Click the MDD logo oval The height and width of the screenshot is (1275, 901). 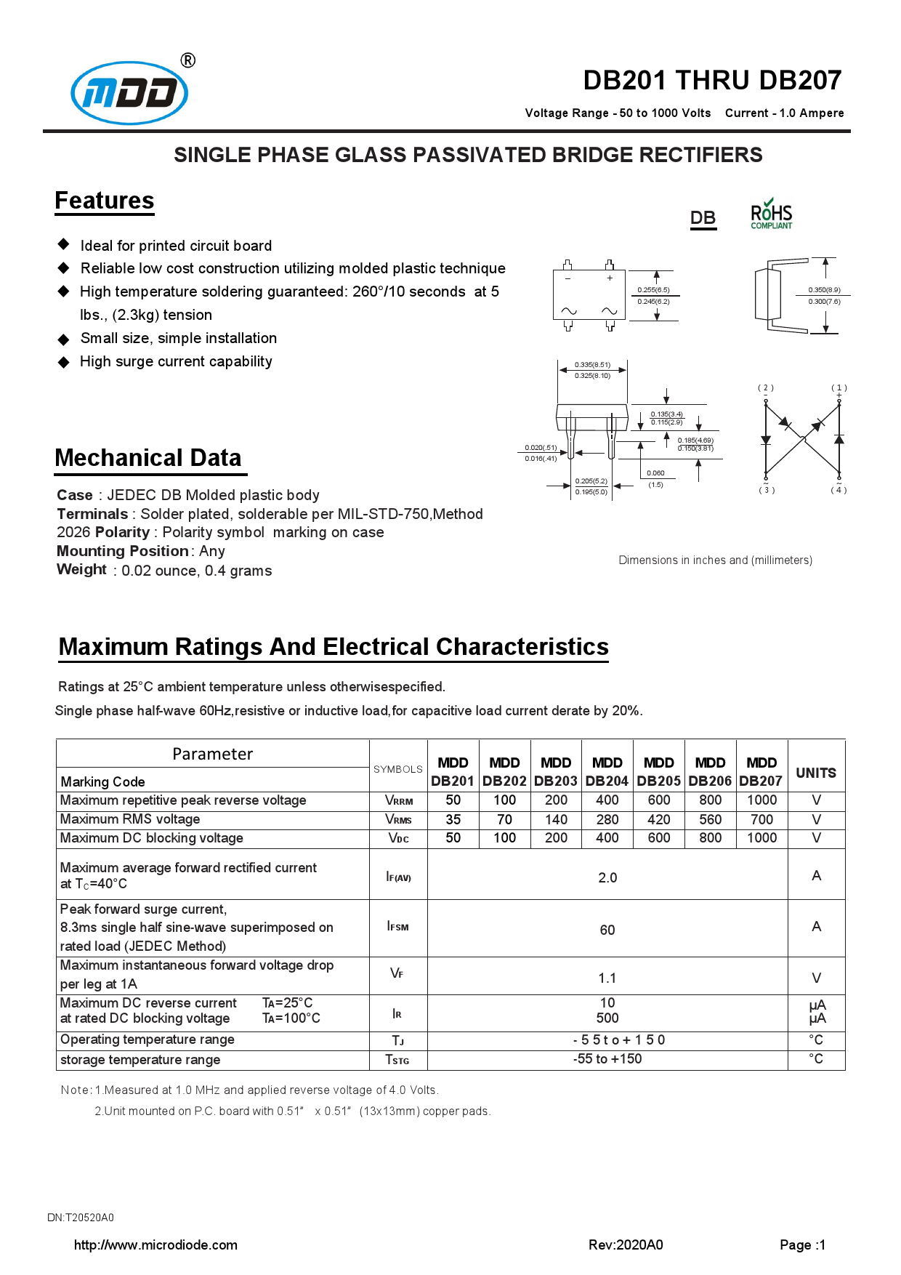129,93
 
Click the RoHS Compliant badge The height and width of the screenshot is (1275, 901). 771,215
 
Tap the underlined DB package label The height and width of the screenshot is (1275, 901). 703,218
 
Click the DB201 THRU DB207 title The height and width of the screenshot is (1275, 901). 711,80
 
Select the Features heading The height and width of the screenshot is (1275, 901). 105,201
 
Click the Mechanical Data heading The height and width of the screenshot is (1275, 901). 148,458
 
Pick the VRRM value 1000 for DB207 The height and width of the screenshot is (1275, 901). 761,800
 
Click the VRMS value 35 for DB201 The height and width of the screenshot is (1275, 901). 453,819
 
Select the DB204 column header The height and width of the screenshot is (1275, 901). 607,772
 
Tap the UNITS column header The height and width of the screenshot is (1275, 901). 815,773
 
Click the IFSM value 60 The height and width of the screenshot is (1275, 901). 607,930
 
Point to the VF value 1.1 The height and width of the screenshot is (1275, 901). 607,978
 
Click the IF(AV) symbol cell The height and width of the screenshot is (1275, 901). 398,877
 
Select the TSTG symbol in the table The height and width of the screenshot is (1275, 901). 397,1060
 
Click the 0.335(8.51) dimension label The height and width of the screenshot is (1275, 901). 592,365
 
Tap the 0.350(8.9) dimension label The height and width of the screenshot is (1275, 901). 824,290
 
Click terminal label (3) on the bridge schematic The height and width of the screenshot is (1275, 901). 766,490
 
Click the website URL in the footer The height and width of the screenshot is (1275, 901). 155,1244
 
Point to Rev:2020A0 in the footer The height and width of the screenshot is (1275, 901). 625,1244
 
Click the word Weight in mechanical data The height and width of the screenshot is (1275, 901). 81,569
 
